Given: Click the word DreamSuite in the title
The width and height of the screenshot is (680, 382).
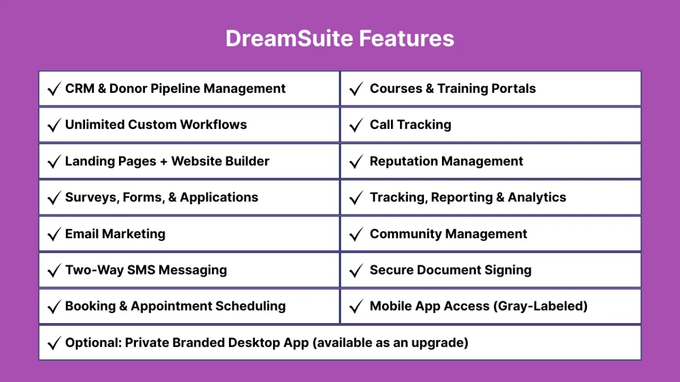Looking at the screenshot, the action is tap(290, 38).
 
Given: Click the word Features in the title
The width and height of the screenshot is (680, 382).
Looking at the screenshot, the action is tap(406, 38).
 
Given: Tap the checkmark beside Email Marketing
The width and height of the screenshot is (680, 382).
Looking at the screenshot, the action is tap(54, 234).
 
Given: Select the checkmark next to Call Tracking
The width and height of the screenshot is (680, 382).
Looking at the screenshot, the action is tap(356, 125).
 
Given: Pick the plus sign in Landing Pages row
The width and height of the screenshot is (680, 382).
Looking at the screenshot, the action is tap(164, 162).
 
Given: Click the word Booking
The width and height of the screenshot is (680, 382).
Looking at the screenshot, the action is tap(91, 306).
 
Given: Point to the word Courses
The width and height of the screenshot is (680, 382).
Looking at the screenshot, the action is tap(396, 88).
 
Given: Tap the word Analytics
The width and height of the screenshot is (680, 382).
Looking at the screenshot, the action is tap(537, 198).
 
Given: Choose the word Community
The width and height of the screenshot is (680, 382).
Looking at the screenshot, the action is tap(405, 234).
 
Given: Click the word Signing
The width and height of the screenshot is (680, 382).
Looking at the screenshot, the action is tap(508, 270).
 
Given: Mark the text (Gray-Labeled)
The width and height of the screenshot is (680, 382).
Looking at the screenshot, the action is tap(541, 306).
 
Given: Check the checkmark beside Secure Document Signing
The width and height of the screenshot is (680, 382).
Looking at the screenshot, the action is tap(356, 271).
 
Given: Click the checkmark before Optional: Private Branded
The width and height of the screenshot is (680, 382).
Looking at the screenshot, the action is tap(54, 343).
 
